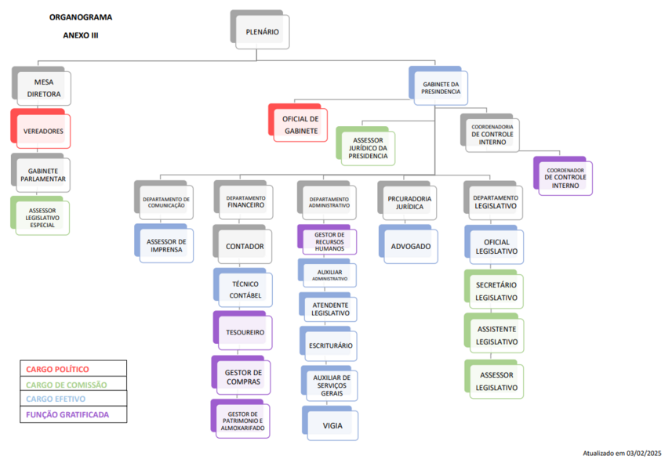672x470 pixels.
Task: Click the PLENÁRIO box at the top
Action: click(x=260, y=30)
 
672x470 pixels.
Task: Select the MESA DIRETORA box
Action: click(x=41, y=86)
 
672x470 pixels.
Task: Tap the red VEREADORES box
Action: click(x=41, y=128)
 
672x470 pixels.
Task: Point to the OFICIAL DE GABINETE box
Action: click(x=298, y=123)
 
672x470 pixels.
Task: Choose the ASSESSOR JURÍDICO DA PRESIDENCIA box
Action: click(x=365, y=146)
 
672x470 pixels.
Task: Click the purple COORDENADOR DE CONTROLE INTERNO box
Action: click(x=563, y=176)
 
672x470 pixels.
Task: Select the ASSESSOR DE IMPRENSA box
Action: click(x=164, y=243)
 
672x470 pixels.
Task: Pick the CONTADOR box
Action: click(x=242, y=244)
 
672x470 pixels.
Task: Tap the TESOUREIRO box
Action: click(x=242, y=331)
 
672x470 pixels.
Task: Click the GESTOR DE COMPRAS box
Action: click(x=242, y=375)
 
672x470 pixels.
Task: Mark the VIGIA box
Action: click(x=330, y=423)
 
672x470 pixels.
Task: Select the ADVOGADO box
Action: click(x=409, y=244)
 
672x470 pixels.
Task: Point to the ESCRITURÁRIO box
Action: click(x=329, y=344)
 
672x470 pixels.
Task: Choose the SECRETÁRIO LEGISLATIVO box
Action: click(x=494, y=289)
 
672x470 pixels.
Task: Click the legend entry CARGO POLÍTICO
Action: click(x=57, y=369)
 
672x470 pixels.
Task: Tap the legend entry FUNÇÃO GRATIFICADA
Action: click(x=67, y=414)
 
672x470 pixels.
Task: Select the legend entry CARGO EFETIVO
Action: click(x=56, y=399)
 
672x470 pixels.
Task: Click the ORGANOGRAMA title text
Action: click(x=81, y=17)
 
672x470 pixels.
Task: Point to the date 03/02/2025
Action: click(x=644, y=453)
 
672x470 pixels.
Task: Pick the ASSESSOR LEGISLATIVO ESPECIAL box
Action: click(x=40, y=215)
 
